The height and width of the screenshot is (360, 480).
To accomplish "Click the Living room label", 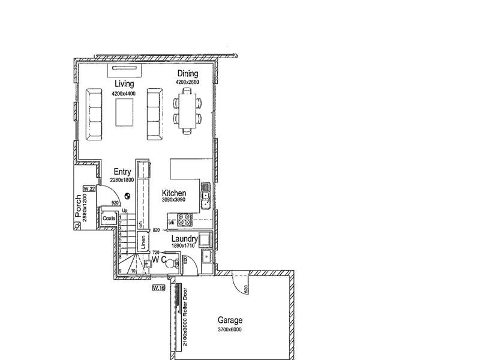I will click(x=124, y=84).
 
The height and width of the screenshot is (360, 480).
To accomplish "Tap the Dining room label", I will click(x=187, y=74).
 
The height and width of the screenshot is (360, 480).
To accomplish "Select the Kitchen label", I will click(x=174, y=193).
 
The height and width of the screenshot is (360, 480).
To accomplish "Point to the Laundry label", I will click(x=185, y=239).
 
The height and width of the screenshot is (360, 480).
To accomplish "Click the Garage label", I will click(x=230, y=321).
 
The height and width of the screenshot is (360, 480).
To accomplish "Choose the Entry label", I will click(x=122, y=172).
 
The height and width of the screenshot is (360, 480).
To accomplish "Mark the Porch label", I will click(x=78, y=206).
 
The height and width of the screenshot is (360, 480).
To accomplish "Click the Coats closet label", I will click(x=109, y=218).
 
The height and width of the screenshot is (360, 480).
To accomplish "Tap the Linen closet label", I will click(x=143, y=242).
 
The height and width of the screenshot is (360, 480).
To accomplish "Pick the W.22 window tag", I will click(x=89, y=188).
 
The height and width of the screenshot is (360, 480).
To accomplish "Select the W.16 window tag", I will click(x=158, y=289).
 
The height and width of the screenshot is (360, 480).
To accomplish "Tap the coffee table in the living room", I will click(x=125, y=112).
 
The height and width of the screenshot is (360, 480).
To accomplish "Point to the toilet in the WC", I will click(x=170, y=262).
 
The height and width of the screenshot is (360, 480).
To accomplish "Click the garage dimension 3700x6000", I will click(x=230, y=329).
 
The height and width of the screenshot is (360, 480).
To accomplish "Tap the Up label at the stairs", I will click(x=125, y=211).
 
